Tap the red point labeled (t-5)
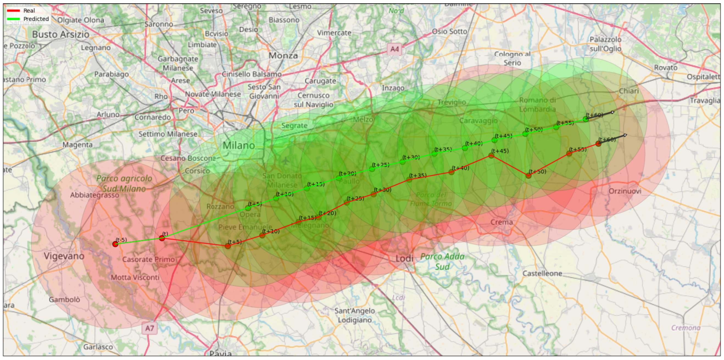115,244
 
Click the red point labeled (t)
162,238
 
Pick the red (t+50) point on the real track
528,176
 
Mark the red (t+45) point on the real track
491,155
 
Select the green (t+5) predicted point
248,208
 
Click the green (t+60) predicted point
586,119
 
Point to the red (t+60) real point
598,144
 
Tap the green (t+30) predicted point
402,162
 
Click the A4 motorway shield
394,49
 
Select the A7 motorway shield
149,328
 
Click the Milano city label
239,145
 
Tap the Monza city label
283,56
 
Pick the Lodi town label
404,258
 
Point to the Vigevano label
64,256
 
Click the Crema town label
502,222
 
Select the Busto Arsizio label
61,34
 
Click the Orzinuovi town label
625,191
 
